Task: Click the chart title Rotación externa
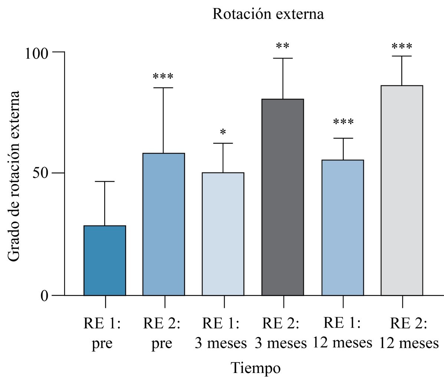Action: pyautogui.click(x=268, y=14)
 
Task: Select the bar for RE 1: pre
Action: pyautogui.click(x=105, y=260)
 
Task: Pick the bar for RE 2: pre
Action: pyautogui.click(x=164, y=224)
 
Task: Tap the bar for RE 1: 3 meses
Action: pyautogui.click(x=223, y=234)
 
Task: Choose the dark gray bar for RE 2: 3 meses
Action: pyautogui.click(x=283, y=197)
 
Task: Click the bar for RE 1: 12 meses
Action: pyautogui.click(x=343, y=227)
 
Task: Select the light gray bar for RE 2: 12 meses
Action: pyautogui.click(x=402, y=190)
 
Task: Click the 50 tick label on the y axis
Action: pyautogui.click(x=42, y=173)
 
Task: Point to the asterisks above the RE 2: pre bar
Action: pyautogui.click(x=163, y=77)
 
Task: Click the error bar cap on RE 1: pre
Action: pyautogui.click(x=105, y=181)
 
